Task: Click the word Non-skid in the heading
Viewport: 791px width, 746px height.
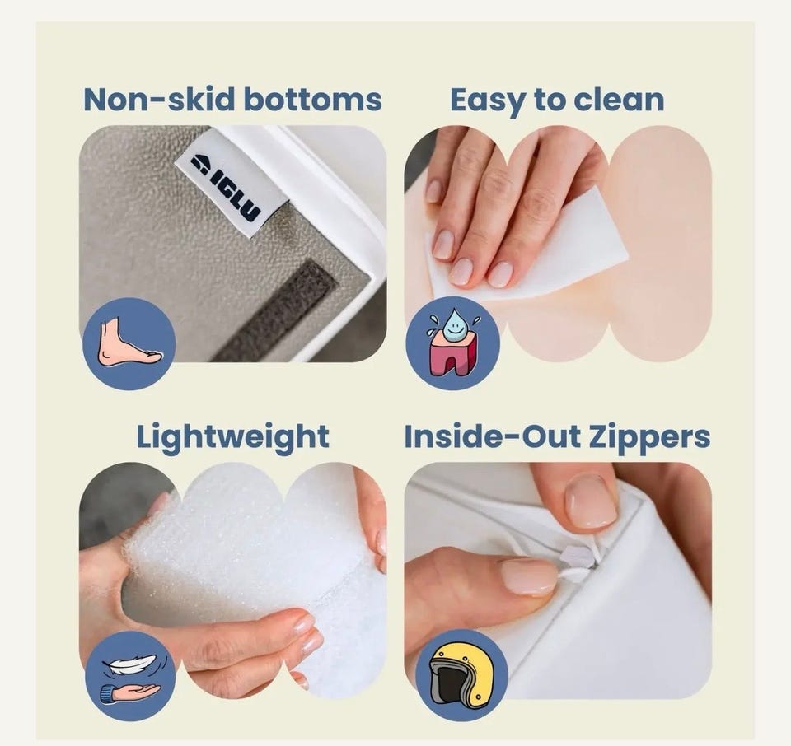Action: pyautogui.click(x=160, y=100)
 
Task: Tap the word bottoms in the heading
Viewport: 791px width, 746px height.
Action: pyautogui.click(x=313, y=100)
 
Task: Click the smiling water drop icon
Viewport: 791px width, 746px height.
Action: pyautogui.click(x=453, y=322)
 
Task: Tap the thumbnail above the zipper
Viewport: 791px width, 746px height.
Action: pyautogui.click(x=592, y=502)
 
